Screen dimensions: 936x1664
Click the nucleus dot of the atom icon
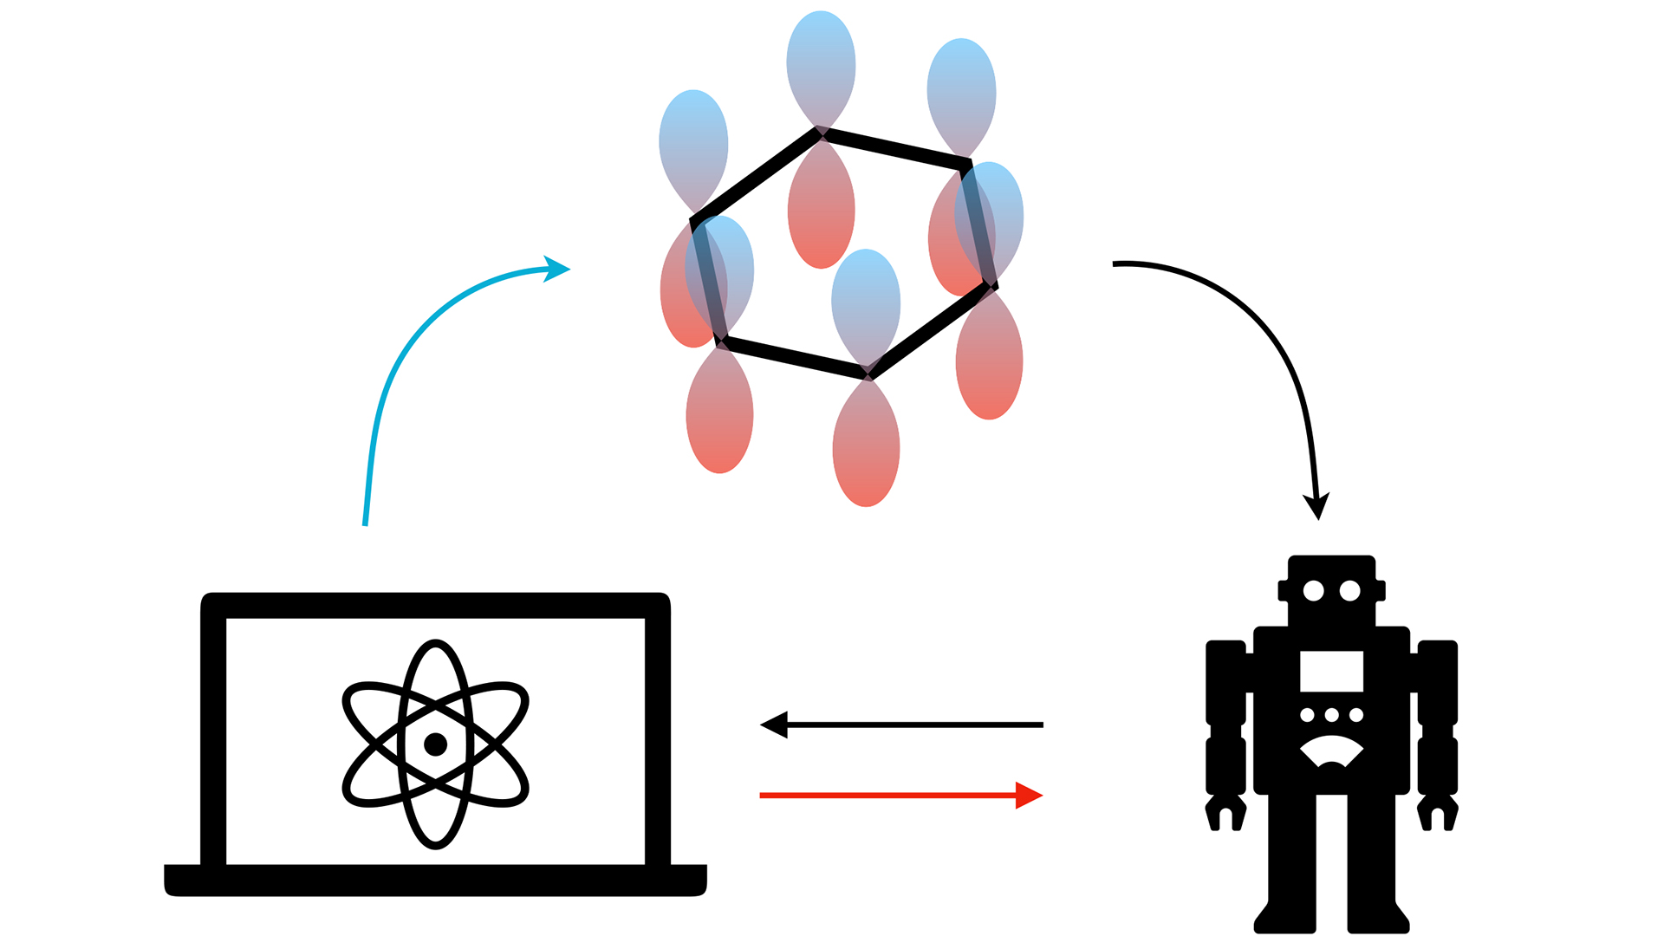point(435,744)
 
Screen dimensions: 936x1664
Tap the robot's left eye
point(1313,591)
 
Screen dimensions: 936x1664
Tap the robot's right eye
point(1349,591)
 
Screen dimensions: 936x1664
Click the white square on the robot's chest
point(1331,671)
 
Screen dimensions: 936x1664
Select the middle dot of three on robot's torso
point(1332,715)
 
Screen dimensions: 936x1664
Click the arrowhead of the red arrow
point(1030,795)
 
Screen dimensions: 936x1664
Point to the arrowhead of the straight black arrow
point(774,725)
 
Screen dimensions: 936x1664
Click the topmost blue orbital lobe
point(821,61)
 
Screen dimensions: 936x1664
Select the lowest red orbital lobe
point(866,455)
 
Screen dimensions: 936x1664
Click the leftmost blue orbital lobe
point(693,139)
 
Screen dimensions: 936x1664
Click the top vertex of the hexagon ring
point(820,133)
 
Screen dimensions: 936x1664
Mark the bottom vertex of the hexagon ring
point(868,375)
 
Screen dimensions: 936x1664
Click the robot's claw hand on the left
point(1225,813)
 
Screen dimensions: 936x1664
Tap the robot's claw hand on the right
point(1438,813)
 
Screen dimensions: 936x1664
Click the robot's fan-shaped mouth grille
point(1332,751)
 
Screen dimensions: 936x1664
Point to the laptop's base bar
point(435,880)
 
